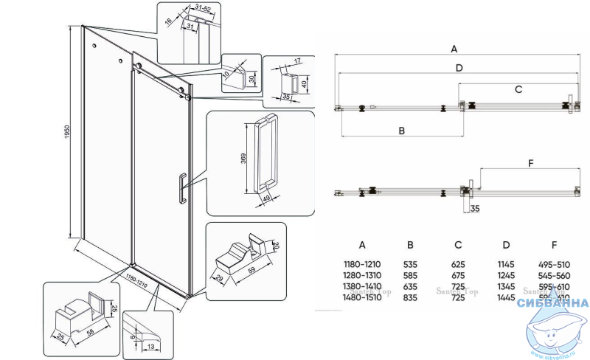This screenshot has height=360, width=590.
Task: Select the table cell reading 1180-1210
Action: [362, 263]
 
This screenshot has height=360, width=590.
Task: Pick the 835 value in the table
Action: [410, 297]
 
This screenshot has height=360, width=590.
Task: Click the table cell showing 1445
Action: [506, 297]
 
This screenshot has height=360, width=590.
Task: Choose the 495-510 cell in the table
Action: [555, 263]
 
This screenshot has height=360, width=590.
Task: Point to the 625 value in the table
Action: [458, 263]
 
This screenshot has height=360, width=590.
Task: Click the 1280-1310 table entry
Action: [362, 274]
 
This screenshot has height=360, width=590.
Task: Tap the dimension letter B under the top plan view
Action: [402, 131]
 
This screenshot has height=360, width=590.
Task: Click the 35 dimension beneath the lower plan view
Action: [475, 208]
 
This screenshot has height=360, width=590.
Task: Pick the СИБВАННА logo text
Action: [553, 303]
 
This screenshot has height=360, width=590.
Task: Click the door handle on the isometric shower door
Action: [180, 186]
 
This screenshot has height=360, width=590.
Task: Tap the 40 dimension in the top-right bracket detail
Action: [304, 83]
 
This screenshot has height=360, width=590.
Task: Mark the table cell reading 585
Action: [410, 274]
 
